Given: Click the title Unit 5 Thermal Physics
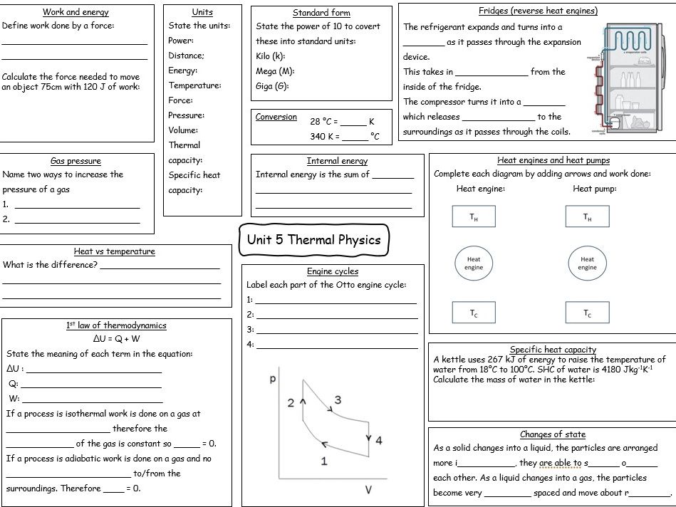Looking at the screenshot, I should [313, 240].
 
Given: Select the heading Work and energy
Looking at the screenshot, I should [76, 12].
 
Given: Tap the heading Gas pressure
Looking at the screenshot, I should [76, 161].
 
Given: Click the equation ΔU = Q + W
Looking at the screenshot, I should [116, 339].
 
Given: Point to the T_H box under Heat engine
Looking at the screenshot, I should [474, 217].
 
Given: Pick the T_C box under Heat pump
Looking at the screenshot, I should [587, 313].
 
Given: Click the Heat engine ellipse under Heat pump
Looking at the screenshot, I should [587, 263].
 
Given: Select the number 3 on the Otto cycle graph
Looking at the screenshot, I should [338, 399].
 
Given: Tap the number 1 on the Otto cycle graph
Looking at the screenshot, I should [324, 461].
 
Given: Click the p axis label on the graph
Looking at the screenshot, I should [272, 380].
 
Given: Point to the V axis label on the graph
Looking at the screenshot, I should [368, 490].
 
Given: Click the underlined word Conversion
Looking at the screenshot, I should [276, 117].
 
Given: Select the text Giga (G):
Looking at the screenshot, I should [272, 86].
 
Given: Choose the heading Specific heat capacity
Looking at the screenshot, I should [553, 350].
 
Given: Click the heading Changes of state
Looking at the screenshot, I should [553, 434].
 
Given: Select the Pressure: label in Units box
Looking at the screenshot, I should [186, 115].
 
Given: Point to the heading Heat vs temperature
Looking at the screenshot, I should [114, 251].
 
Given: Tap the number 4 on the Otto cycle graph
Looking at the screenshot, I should [378, 441].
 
